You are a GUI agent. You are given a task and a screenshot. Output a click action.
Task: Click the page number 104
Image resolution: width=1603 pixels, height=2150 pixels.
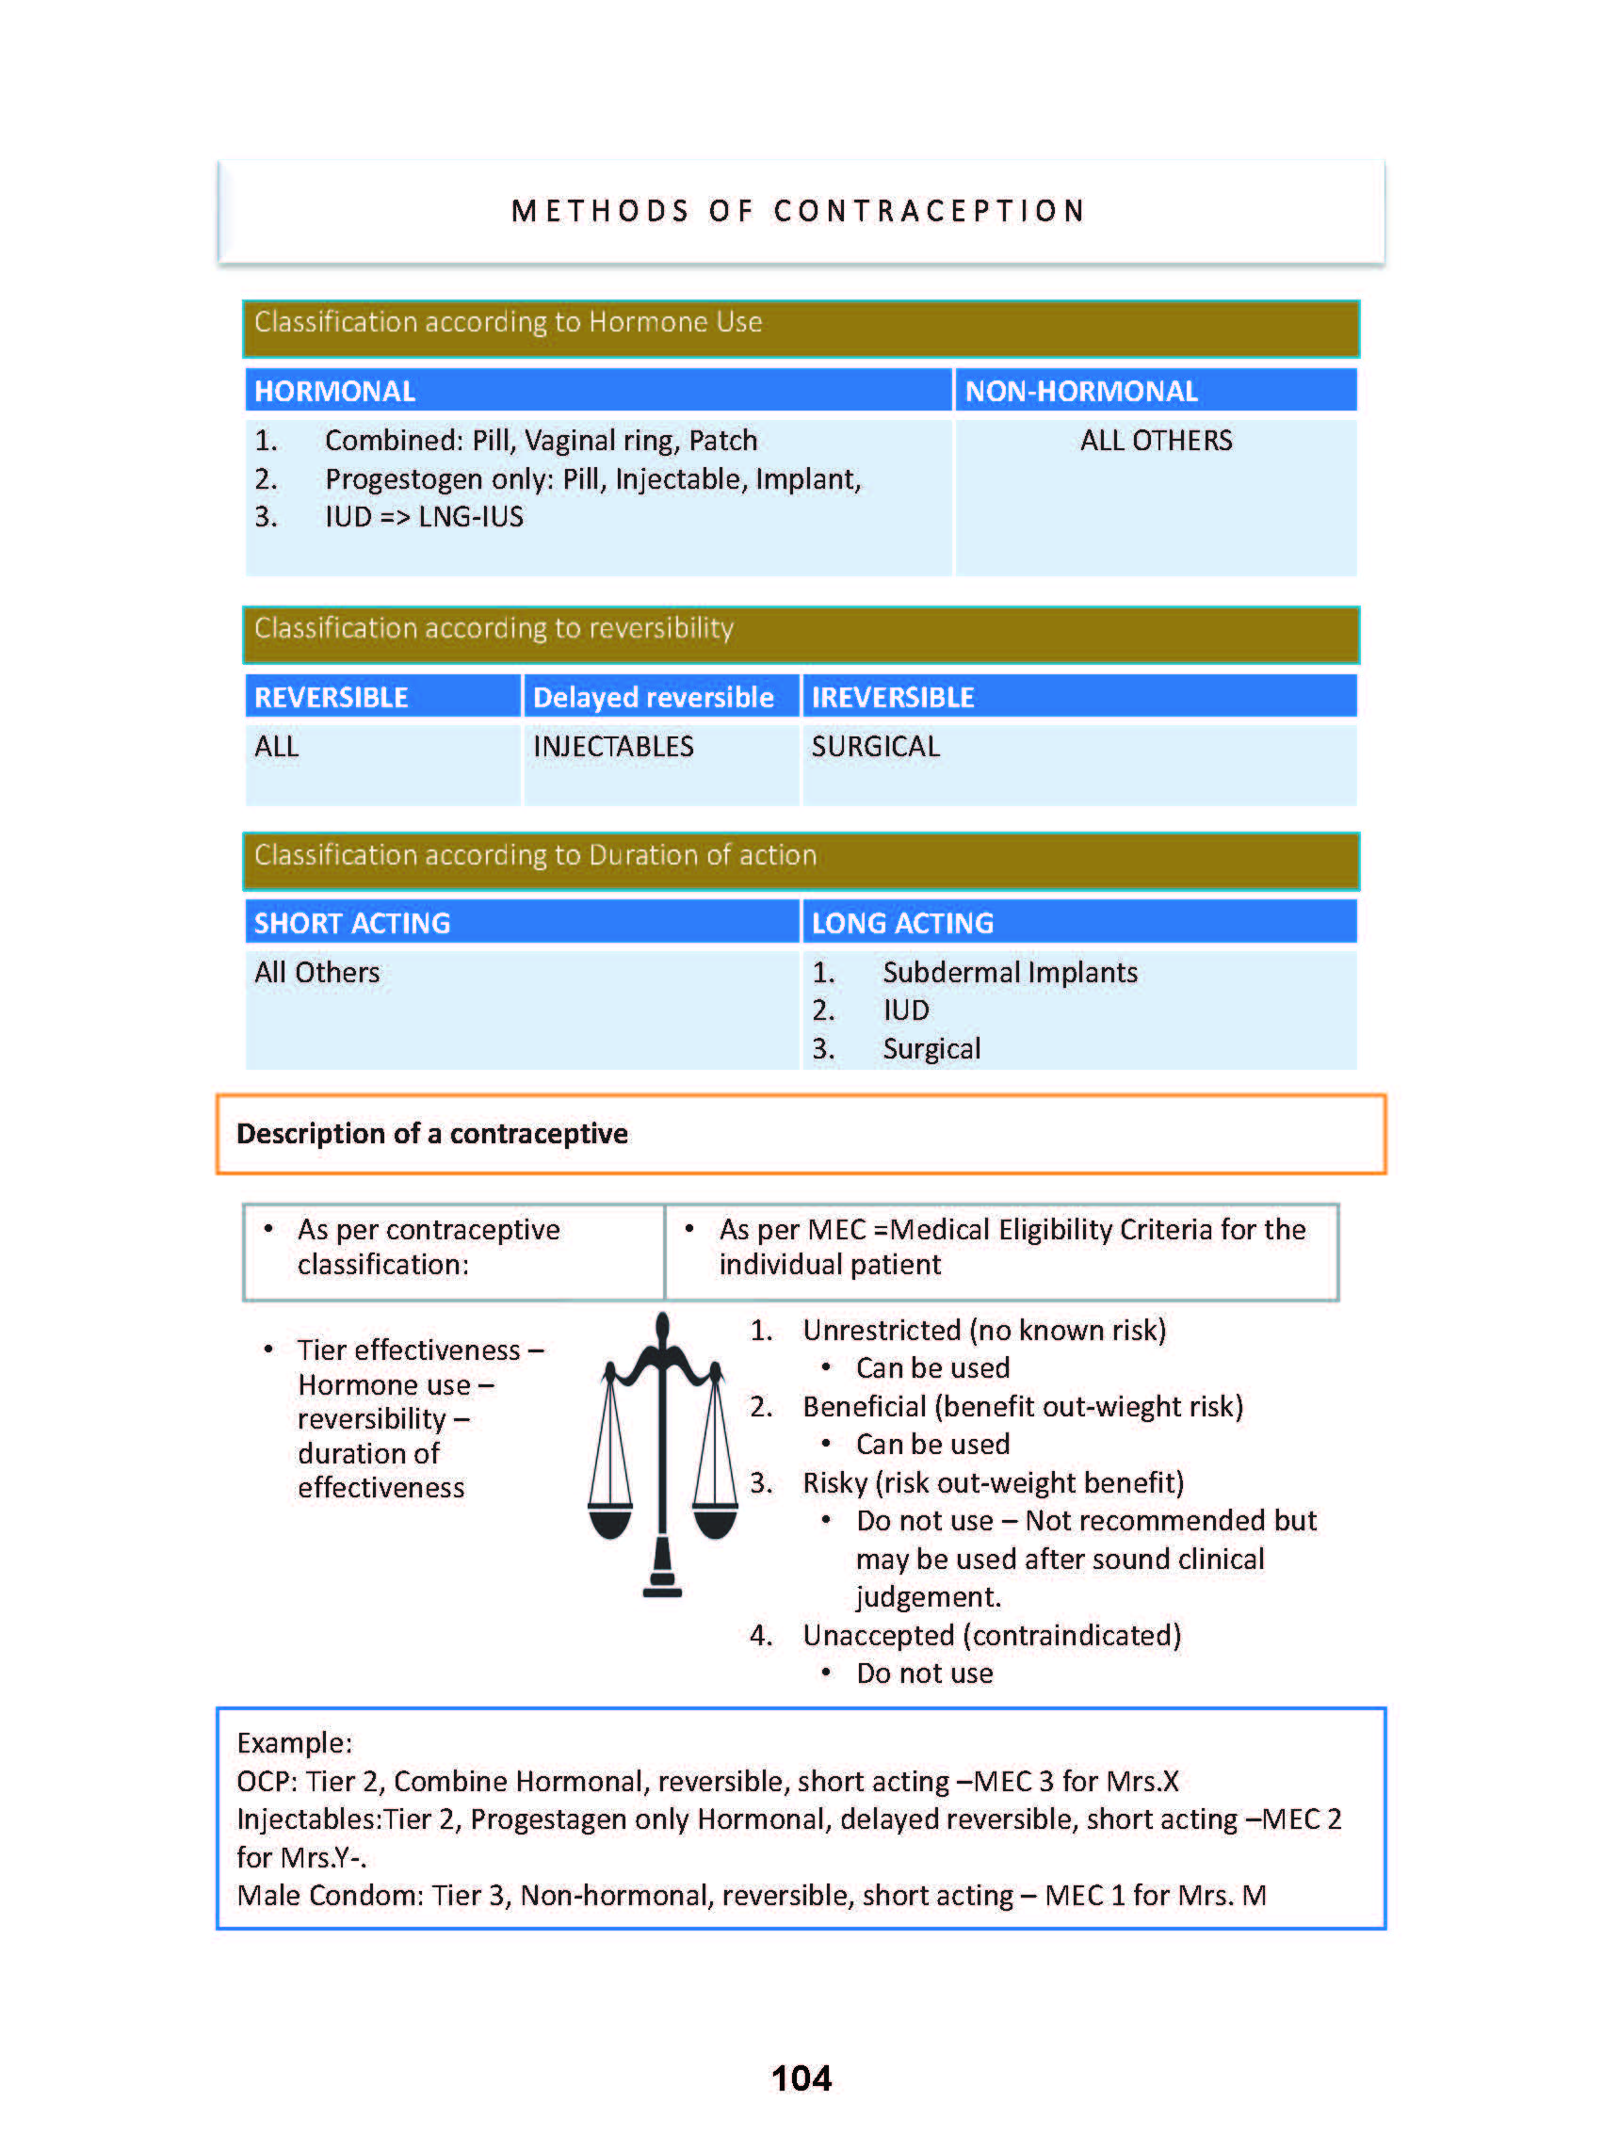point(801,2077)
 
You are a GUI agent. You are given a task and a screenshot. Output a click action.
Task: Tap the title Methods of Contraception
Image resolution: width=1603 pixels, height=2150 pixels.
point(799,212)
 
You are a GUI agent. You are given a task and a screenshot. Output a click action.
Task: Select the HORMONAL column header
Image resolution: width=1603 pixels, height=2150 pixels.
point(334,391)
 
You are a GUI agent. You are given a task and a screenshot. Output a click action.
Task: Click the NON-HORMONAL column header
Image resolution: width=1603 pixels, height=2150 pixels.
point(1081,391)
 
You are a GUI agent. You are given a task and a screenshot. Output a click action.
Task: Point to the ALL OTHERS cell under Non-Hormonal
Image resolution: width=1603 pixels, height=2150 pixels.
point(1156,441)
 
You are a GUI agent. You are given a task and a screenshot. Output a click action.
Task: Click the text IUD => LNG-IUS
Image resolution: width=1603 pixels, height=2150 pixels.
point(424,516)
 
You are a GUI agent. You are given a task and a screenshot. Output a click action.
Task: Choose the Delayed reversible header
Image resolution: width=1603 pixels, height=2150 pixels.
point(653,697)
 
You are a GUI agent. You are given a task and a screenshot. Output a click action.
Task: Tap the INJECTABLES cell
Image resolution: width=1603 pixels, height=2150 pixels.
point(613,746)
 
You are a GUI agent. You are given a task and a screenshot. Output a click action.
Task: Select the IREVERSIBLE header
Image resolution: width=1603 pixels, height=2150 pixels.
point(893,697)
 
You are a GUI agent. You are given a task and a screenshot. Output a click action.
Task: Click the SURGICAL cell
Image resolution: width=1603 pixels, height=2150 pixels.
point(875,746)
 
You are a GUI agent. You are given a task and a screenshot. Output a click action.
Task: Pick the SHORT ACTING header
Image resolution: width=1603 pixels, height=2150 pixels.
point(352,923)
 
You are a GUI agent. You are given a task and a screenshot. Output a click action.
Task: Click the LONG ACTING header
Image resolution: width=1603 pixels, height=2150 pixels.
point(902,923)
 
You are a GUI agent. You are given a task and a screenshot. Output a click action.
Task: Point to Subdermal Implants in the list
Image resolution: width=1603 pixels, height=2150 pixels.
point(1009,972)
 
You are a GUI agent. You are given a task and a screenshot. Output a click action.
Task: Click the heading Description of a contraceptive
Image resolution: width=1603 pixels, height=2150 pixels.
point(431,1133)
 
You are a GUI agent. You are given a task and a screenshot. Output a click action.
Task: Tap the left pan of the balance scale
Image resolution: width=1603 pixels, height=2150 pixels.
point(610,1519)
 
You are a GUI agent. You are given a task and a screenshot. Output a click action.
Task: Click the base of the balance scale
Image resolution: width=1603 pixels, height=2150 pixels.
point(663,1587)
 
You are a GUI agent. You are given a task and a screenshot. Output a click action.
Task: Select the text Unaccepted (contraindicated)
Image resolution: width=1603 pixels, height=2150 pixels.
point(991,1635)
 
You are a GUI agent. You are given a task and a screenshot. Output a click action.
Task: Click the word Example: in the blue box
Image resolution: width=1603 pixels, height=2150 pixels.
point(294,1742)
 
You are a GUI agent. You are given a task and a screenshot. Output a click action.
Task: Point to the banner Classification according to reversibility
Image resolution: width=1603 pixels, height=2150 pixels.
point(494,629)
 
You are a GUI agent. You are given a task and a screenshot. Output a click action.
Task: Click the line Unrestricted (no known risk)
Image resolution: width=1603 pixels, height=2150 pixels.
point(984,1329)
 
